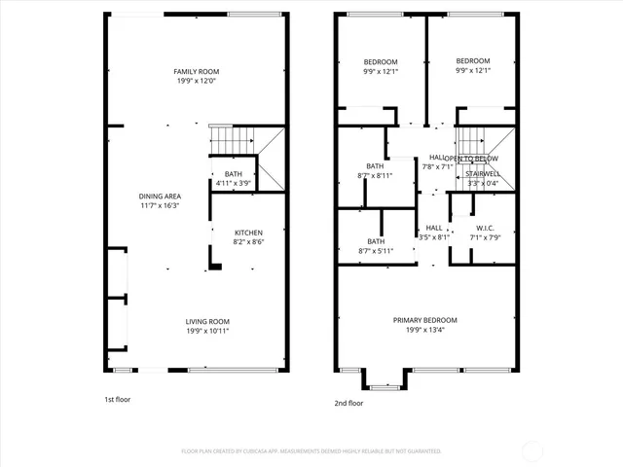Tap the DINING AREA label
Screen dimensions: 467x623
[160, 197]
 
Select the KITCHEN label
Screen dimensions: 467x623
[248, 233]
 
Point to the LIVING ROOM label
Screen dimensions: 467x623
[207, 322]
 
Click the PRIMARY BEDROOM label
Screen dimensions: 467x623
[424, 320]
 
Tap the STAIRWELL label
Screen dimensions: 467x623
[483, 173]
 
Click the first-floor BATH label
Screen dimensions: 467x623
[234, 173]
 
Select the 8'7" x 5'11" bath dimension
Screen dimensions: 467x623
[376, 251]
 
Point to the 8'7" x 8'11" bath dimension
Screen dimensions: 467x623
[376, 176]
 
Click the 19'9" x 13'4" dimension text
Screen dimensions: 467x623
[424, 330]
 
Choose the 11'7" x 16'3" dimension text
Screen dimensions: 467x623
[160, 206]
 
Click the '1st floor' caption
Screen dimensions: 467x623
[119, 400]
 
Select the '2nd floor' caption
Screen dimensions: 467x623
[349, 403]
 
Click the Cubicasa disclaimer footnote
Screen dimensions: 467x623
[311, 451]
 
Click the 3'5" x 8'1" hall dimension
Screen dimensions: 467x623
[434, 236]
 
